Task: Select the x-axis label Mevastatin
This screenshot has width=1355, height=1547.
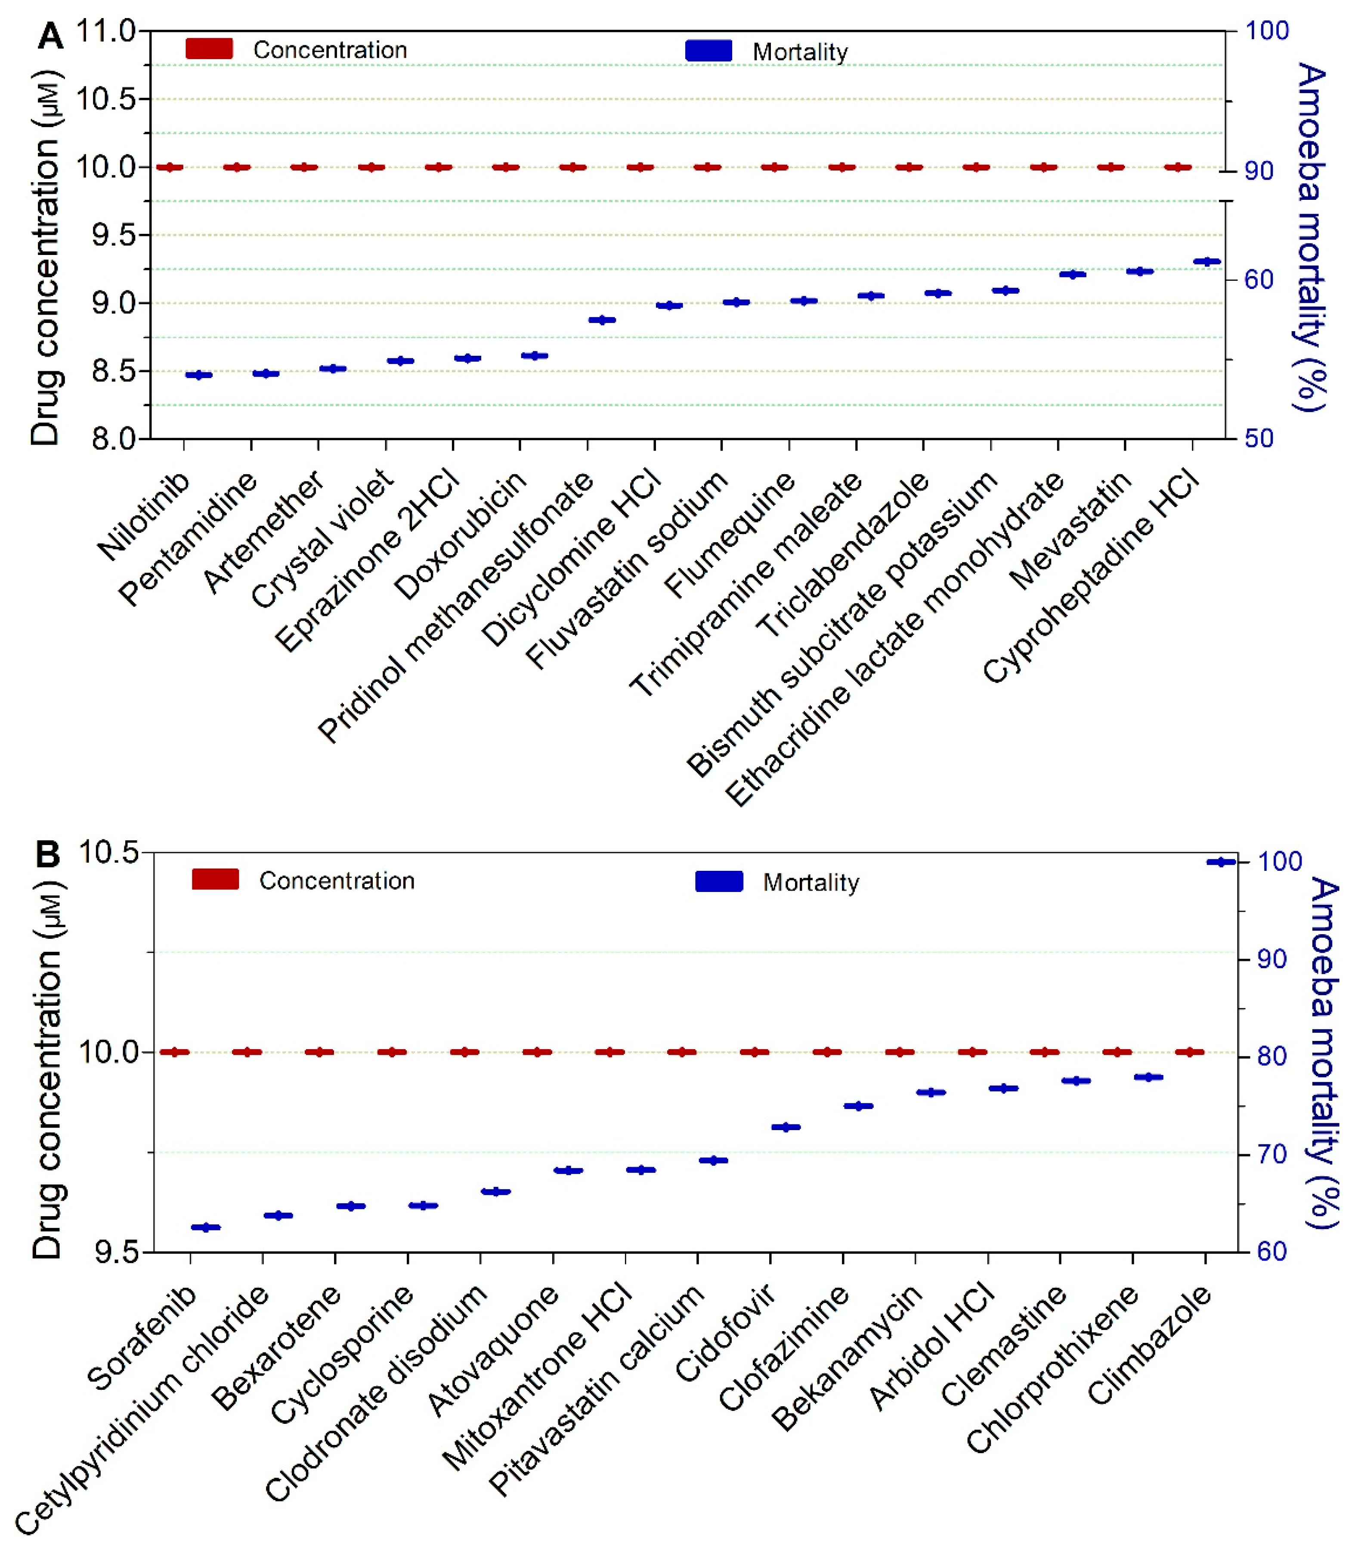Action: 1070,530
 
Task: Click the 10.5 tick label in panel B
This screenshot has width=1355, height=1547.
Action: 110,853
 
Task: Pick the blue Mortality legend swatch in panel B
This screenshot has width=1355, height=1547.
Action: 719,881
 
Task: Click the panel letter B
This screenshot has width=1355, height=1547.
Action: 48,855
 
